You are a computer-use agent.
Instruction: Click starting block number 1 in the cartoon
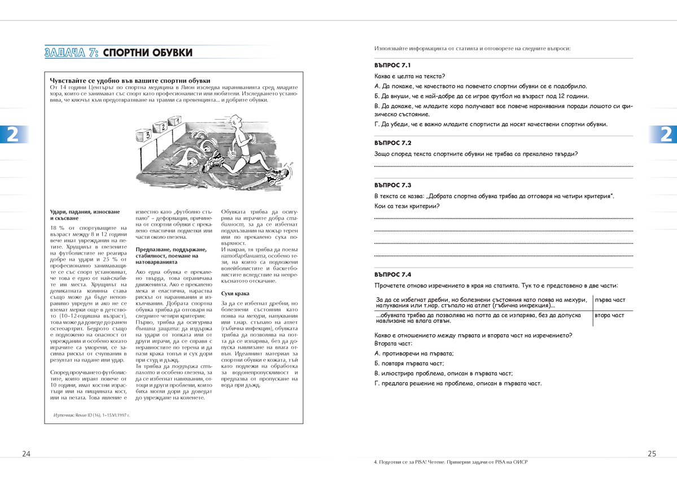(x=177, y=120)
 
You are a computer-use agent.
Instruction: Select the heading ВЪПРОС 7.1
(x=392, y=65)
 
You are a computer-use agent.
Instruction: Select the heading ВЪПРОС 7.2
(x=392, y=143)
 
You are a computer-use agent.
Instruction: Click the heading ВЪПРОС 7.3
(x=392, y=185)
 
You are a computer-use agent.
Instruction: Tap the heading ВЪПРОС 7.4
(x=392, y=274)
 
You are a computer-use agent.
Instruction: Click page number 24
(x=27, y=454)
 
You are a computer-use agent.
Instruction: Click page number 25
(x=652, y=454)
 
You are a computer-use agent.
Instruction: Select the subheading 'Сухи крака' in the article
(x=235, y=294)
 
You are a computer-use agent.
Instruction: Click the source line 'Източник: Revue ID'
(x=91, y=415)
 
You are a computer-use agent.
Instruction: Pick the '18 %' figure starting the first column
(x=58, y=228)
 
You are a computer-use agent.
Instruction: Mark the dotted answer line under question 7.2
(x=503, y=167)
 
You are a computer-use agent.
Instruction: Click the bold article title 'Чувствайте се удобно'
(x=130, y=81)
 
